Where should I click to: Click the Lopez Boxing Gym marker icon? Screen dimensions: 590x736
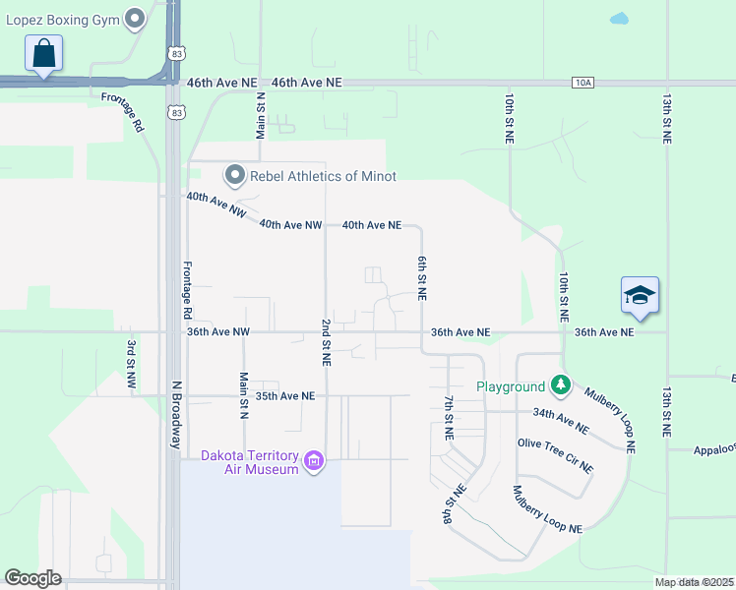point(136,19)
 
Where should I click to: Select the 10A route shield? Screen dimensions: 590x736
point(582,83)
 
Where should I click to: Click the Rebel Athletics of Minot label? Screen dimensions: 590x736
point(323,176)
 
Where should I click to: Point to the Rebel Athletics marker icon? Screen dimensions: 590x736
point(234,176)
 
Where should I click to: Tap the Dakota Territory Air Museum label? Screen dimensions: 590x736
point(249,462)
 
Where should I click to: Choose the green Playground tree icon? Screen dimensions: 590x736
point(561,385)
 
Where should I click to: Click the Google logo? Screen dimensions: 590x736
point(32,578)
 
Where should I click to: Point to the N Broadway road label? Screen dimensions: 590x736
point(177,416)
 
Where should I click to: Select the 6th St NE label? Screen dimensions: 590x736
point(421,279)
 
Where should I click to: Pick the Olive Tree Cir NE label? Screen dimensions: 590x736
point(555,454)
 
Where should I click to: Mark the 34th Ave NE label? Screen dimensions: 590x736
point(561,421)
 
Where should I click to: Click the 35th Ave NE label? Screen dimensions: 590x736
point(284,395)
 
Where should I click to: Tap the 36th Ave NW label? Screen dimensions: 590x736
point(218,332)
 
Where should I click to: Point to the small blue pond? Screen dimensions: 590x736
point(619,18)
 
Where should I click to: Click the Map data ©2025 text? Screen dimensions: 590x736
point(694,582)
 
